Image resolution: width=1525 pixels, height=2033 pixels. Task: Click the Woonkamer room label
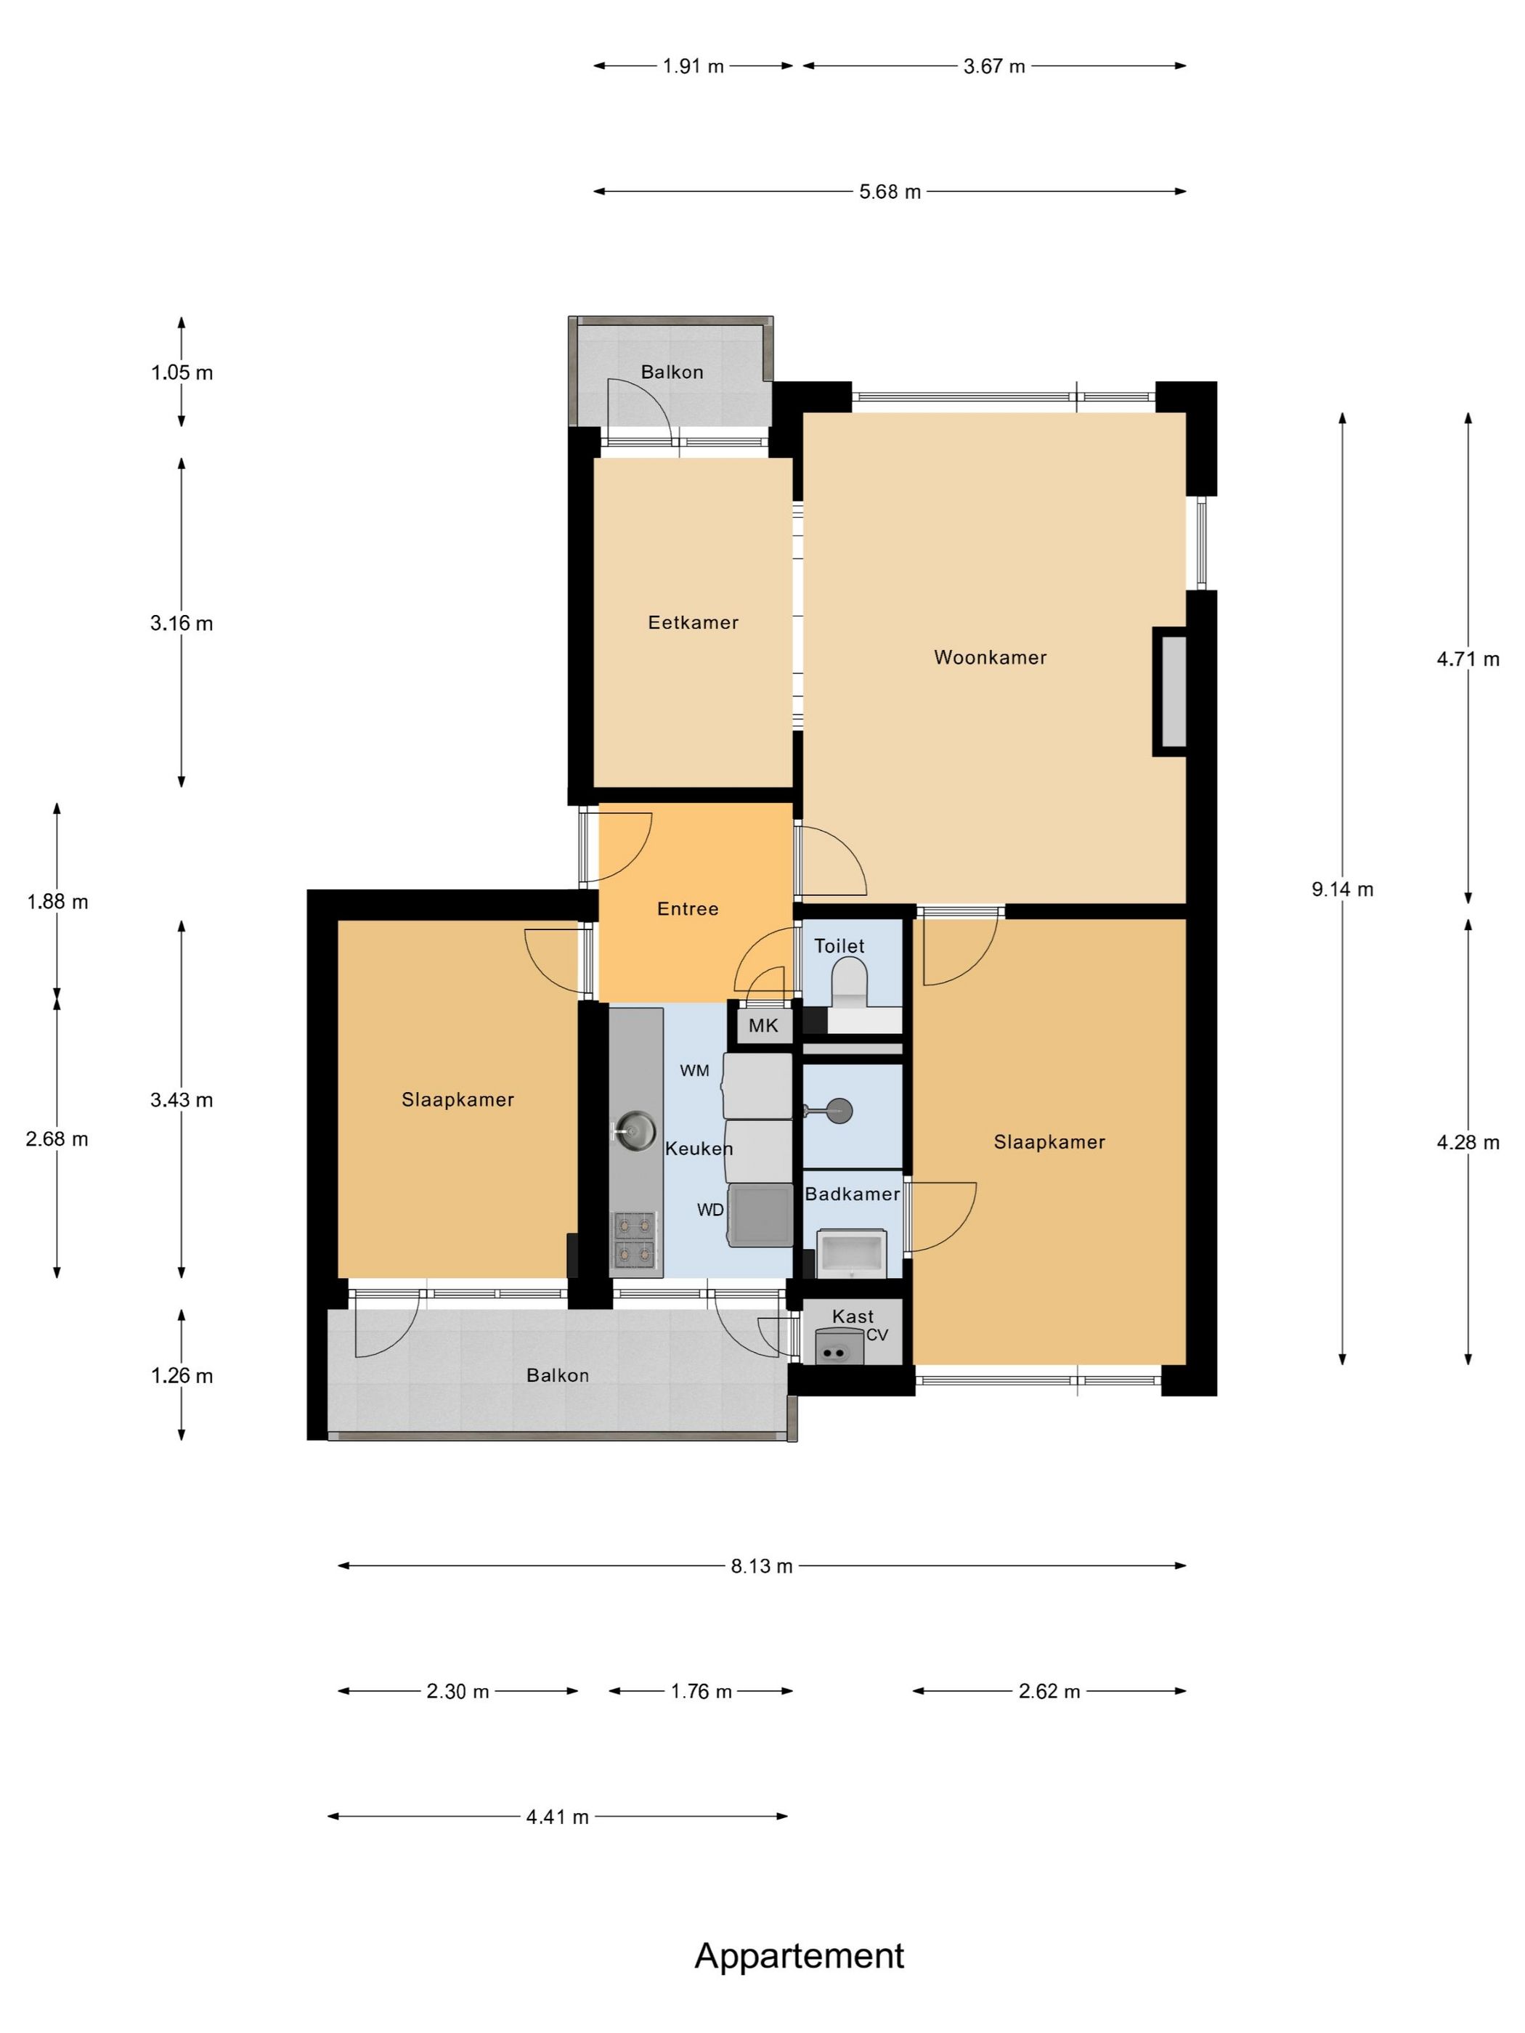pos(990,657)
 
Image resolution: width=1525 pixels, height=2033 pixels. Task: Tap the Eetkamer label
pos(693,622)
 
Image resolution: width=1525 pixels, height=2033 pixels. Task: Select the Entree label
pos(688,909)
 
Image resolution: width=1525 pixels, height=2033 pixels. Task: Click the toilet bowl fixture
pos(848,981)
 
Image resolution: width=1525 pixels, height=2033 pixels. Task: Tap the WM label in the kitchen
pos(694,1071)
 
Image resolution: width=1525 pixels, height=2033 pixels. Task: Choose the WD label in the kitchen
pos(710,1210)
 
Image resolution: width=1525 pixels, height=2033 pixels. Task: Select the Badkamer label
pos(852,1194)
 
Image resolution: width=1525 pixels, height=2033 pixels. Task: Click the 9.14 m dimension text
pos(1342,889)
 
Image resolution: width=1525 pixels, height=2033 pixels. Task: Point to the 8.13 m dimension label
pos(762,1566)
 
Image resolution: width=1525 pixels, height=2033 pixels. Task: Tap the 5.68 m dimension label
pos(890,192)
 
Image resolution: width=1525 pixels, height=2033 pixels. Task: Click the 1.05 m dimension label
pos(182,372)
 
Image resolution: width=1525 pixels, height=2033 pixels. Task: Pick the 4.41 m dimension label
pos(557,1817)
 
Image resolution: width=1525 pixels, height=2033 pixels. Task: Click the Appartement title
pos(799,1957)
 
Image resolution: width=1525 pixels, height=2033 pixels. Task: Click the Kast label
pos(852,1316)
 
